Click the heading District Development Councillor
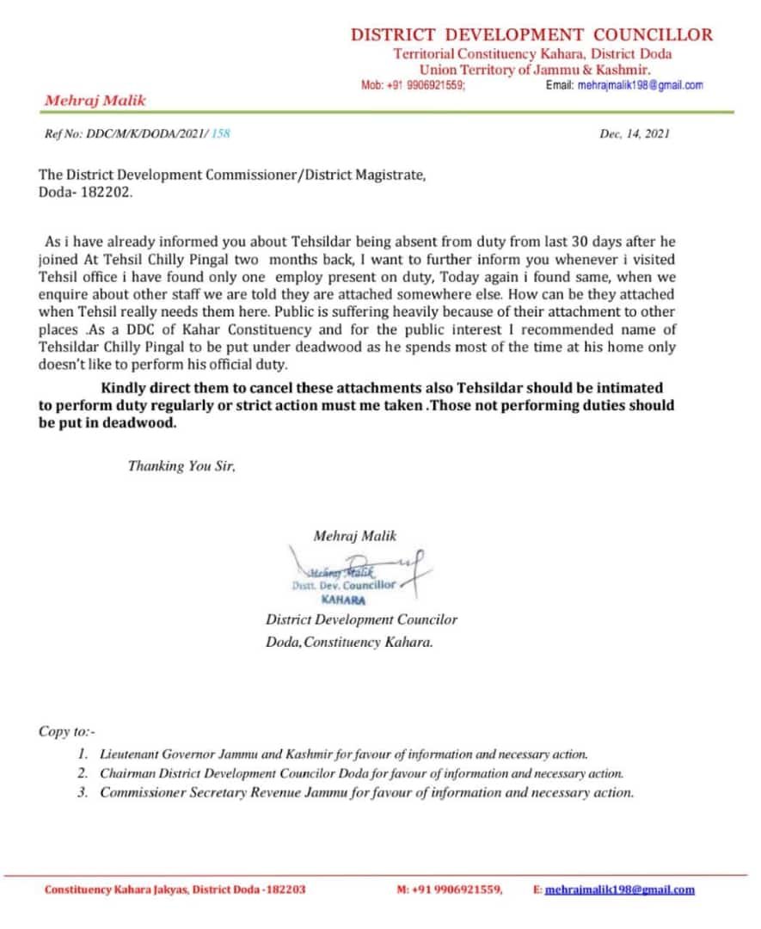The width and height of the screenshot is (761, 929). tap(531, 35)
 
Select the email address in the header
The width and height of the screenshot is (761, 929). tap(640, 85)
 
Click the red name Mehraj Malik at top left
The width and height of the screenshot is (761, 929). tap(95, 101)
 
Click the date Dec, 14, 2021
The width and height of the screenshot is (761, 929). tap(635, 133)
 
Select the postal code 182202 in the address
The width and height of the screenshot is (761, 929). tap(106, 193)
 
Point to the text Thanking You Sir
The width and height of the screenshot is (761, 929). tap(181, 466)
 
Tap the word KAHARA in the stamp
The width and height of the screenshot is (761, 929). tap(343, 600)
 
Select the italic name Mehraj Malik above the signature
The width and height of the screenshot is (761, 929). tap(355, 536)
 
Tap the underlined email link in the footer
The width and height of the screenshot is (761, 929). tap(619, 890)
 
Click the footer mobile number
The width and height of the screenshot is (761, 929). tap(458, 890)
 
